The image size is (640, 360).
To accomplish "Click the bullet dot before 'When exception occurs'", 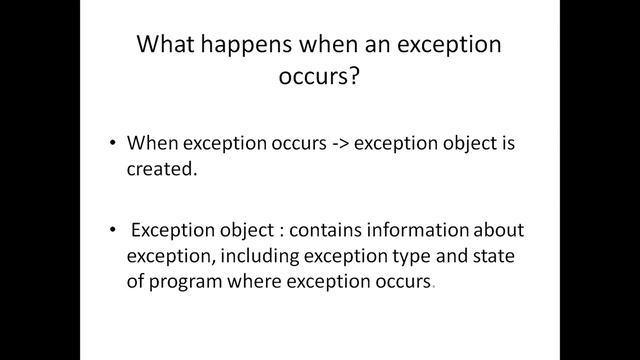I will (113, 143).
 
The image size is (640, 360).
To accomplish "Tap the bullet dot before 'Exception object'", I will (113, 229).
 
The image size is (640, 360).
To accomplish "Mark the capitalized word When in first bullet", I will (153, 143).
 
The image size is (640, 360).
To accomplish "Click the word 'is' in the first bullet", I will (507, 143).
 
